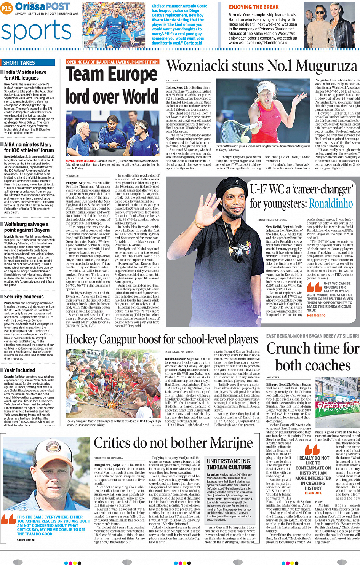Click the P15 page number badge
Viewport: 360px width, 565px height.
tap(6, 8)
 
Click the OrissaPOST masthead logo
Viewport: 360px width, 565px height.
tap(42, 6)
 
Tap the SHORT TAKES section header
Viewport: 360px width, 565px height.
tap(19, 63)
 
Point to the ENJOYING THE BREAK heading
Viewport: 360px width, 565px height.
tap(254, 7)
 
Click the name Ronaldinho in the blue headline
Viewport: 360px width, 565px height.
tap(331, 203)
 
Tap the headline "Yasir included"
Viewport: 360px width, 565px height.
tap(19, 370)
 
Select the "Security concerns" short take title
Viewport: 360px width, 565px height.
tap(24, 297)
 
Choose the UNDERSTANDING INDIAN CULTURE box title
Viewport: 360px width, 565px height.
tap(229, 464)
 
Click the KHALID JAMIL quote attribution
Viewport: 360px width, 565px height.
tap(313, 493)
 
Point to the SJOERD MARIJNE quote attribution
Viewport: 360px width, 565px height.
tap(26, 540)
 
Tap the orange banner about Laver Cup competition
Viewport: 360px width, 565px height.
tap(112, 62)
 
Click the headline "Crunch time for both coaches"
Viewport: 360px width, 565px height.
tap(312, 357)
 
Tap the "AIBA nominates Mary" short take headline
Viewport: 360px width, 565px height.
tap(29, 147)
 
